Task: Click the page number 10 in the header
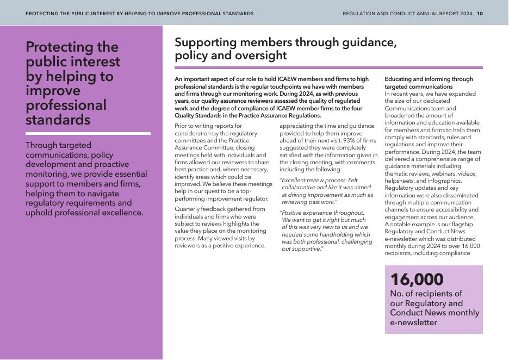tap(480, 14)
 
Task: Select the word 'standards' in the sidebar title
tap(58, 120)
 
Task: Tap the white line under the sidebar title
tap(88, 133)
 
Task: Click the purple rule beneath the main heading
tap(328, 68)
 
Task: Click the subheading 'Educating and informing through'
tap(429, 79)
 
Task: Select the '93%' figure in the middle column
tap(356, 140)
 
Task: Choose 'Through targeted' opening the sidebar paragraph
tap(58, 145)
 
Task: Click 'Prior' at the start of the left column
tap(181, 126)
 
